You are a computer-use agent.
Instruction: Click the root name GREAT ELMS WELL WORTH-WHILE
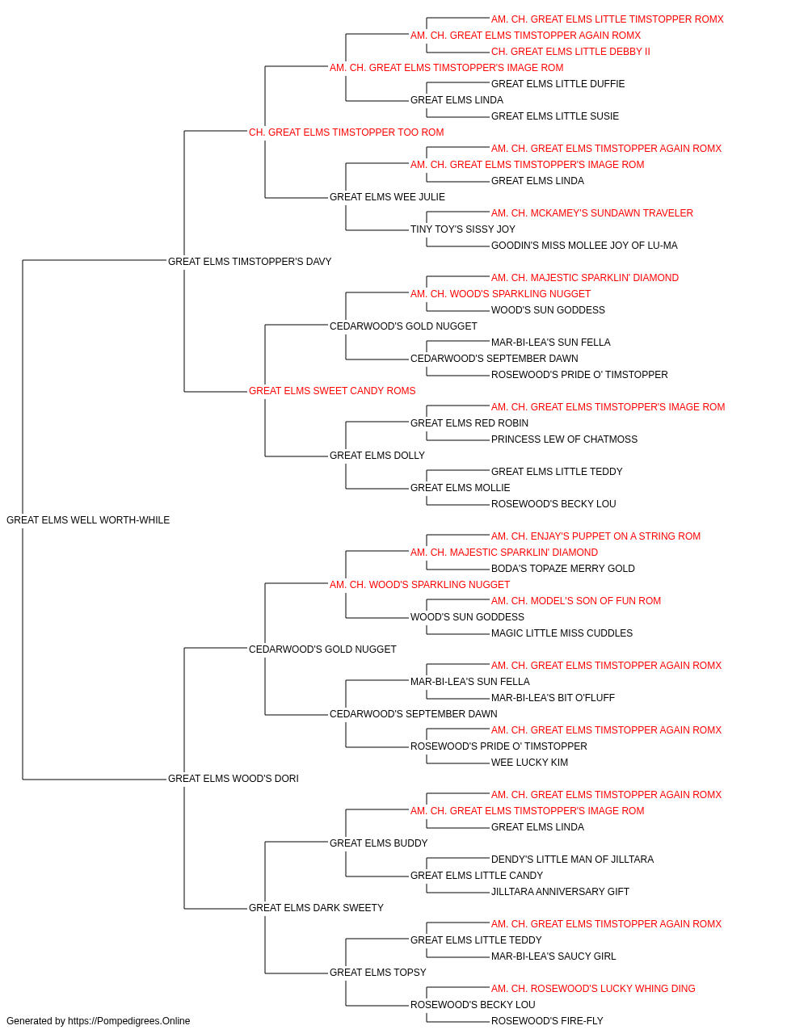[88, 520]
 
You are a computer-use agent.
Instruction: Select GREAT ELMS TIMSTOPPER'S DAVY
[250, 262]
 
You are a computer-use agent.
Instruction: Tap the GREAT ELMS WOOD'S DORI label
[234, 779]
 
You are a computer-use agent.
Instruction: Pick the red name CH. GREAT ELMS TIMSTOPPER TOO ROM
[346, 132]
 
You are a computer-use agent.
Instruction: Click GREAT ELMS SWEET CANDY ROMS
[332, 391]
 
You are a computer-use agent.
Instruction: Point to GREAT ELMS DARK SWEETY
[316, 908]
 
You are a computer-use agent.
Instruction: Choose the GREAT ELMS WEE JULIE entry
[387, 197]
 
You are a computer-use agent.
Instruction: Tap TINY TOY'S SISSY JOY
[462, 229]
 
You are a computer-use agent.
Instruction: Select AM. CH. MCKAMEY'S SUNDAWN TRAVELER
[592, 213]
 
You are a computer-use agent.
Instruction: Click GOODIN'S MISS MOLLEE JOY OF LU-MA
[584, 246]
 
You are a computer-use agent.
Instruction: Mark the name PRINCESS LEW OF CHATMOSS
[564, 439]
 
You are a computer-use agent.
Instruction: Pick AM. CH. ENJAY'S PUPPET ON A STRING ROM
[595, 536]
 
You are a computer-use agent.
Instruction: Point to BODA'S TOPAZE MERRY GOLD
[562, 569]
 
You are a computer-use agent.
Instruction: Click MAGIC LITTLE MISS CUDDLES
[562, 633]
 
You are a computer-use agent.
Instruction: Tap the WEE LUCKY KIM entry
[529, 763]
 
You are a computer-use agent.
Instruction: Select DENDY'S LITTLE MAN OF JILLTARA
[572, 860]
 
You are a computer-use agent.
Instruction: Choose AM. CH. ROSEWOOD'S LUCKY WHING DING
[593, 989]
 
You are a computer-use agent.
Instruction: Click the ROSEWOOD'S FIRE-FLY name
[547, 1021]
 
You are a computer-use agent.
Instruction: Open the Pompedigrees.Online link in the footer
[129, 1021]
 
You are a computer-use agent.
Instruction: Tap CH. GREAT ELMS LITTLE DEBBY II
[570, 52]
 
